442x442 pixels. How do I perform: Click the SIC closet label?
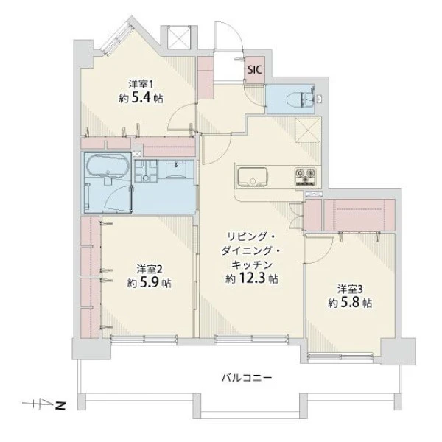pyautogui.click(x=255, y=70)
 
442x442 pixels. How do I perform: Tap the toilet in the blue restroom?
pyautogui.click(x=301, y=99)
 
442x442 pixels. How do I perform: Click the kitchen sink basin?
pyautogui.click(x=252, y=177)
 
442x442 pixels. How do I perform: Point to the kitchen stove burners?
pyautogui.click(x=305, y=177)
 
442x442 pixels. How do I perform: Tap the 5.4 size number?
pyautogui.click(x=141, y=98)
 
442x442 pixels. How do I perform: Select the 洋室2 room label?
pyautogui.click(x=150, y=270)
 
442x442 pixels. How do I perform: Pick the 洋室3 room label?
pyautogui.click(x=351, y=290)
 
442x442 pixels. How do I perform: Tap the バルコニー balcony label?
pyautogui.click(x=247, y=377)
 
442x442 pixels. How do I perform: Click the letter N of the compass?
pyautogui.click(x=60, y=406)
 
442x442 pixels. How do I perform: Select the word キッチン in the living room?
pyautogui.click(x=252, y=265)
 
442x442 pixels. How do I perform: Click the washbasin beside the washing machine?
pyautogui.click(x=176, y=169)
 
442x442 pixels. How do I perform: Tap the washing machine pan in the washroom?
pyautogui.click(x=145, y=171)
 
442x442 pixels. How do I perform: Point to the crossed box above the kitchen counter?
pyautogui.click(x=308, y=130)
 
